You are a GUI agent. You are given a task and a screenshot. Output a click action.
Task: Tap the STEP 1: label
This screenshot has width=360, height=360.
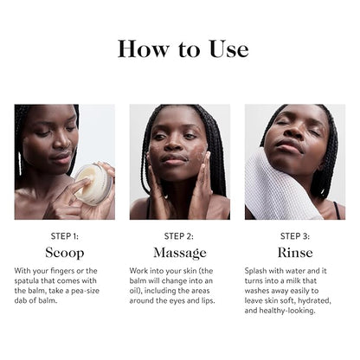pyautogui.click(x=65, y=235)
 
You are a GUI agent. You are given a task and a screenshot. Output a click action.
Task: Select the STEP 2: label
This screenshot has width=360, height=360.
pyautogui.click(x=180, y=235)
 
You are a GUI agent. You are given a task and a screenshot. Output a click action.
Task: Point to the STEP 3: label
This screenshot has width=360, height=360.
pyautogui.click(x=295, y=235)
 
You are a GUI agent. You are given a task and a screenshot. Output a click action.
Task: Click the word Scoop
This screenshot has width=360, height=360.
pyautogui.click(x=65, y=253)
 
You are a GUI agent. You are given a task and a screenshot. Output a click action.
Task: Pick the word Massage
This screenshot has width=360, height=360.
pyautogui.click(x=180, y=253)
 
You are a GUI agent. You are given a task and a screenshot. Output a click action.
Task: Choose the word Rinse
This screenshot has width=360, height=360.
pyautogui.click(x=295, y=253)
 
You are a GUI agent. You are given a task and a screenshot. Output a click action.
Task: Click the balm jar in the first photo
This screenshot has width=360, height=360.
pyautogui.click(x=93, y=183)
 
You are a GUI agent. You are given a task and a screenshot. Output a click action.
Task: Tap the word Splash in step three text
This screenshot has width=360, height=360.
pyautogui.click(x=260, y=271)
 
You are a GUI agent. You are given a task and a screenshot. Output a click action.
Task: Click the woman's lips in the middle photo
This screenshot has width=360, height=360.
pyautogui.click(x=176, y=161)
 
